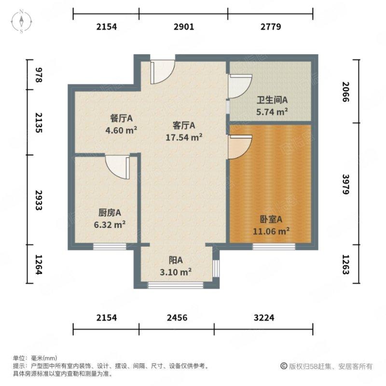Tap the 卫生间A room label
point(272,100)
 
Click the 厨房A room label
point(110,212)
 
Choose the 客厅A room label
point(184,126)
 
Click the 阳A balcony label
point(177,261)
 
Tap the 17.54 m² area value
point(184,137)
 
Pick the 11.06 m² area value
point(272,231)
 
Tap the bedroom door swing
point(240,146)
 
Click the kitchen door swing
point(117,166)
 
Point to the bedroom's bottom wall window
point(274,247)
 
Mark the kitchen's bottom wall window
point(110,247)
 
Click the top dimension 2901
point(184,27)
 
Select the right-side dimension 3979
point(347,183)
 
